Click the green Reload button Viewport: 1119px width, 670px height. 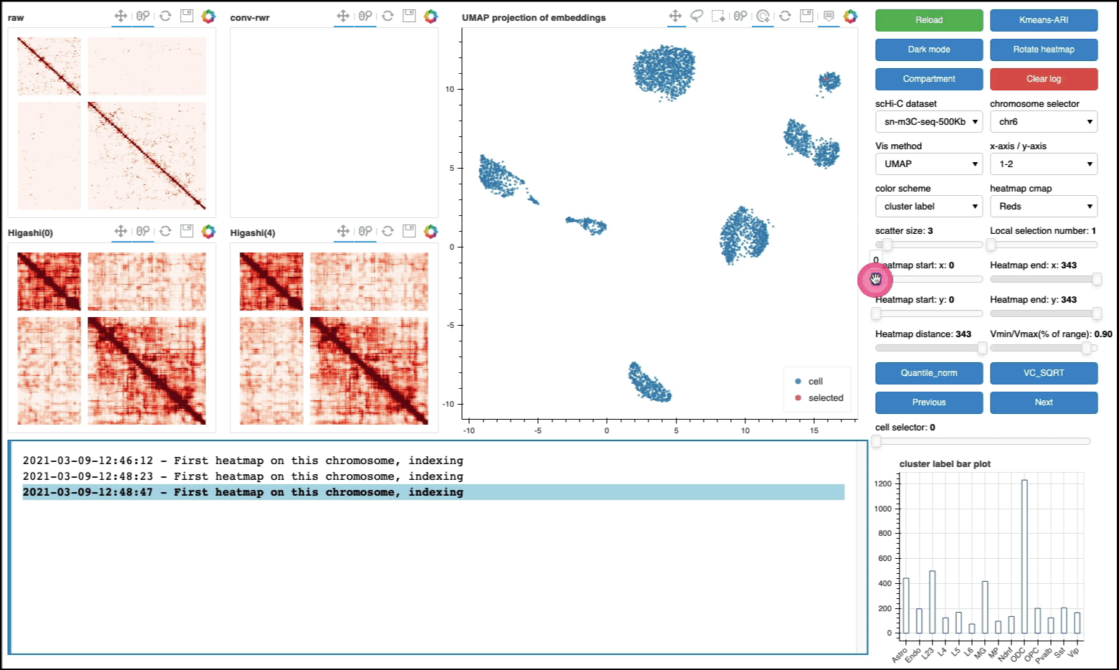929,20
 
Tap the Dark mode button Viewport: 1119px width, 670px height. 929,49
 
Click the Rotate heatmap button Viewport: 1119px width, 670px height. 1044,49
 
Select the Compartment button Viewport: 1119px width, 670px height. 929,79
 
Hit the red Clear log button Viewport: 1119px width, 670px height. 1044,79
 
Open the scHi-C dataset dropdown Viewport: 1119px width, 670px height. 929,122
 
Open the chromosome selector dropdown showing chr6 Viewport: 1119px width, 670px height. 1044,122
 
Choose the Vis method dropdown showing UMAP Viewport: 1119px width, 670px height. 929,164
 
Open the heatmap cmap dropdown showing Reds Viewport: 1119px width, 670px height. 1044,207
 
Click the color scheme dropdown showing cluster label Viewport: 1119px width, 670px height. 929,207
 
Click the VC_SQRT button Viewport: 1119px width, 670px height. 1044,373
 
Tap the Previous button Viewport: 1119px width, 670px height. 929,402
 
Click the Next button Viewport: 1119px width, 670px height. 1044,402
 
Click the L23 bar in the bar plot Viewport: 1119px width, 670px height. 932,602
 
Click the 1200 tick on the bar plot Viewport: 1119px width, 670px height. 883,484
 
